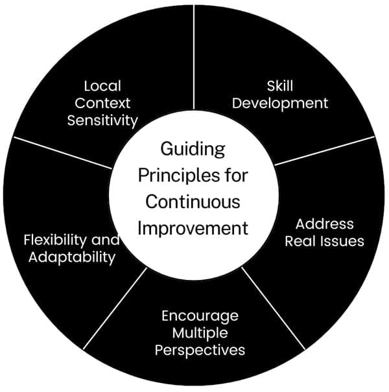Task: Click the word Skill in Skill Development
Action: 280,86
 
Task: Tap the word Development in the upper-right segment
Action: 280,102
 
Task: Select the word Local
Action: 102,86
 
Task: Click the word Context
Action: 102,102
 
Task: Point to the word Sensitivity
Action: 102,120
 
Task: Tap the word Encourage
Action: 200,316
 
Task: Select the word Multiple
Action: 200,333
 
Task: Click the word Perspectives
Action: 204,351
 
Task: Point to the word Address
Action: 324,224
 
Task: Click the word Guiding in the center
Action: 193,149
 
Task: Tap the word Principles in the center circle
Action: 176,176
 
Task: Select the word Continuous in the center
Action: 193,202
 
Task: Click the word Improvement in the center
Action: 193,228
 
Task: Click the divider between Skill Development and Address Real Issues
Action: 324,150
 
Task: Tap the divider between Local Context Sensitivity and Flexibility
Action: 62,152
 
